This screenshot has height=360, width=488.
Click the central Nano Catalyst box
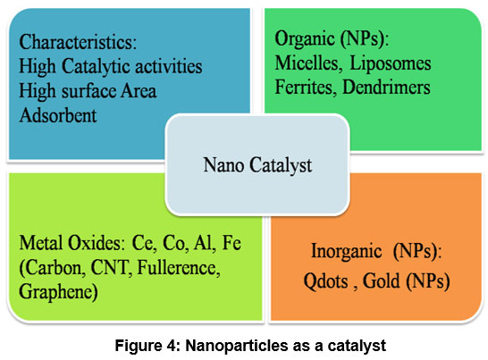(257, 164)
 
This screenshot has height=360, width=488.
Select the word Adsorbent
(58, 115)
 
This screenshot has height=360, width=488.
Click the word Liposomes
(391, 64)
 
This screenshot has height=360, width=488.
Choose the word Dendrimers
(386, 87)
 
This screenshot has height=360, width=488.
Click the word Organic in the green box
(305, 39)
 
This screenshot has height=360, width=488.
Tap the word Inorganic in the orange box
(347, 251)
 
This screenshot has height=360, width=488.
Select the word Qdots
(325, 281)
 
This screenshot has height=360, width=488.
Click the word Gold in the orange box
(382, 280)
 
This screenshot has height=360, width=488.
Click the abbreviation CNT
(110, 268)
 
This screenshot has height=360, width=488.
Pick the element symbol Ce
(143, 243)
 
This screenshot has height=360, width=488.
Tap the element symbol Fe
(231, 243)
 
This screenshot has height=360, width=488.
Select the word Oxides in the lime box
(97, 243)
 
